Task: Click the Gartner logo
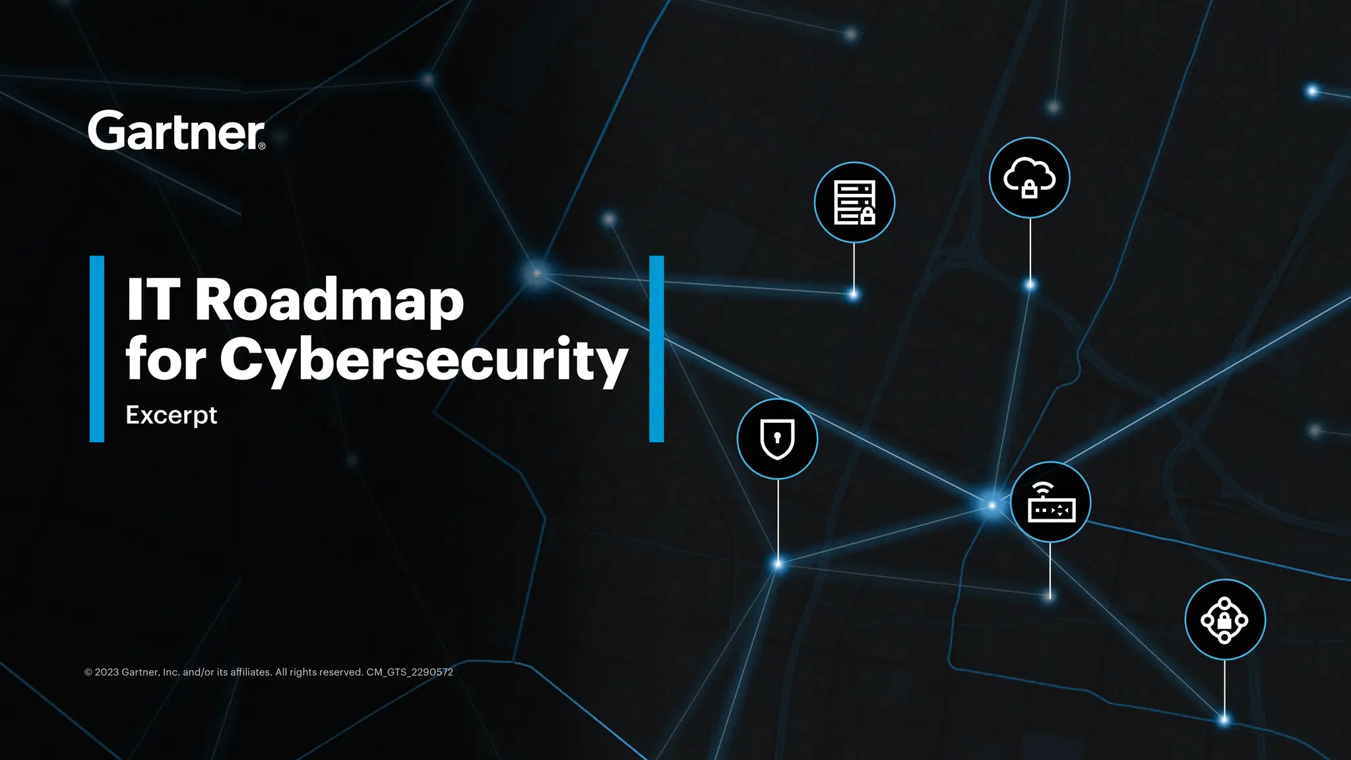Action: (x=176, y=131)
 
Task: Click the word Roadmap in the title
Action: (x=329, y=300)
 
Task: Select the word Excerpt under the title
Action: (x=171, y=416)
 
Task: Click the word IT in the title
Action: (x=153, y=300)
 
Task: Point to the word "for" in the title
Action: (x=166, y=360)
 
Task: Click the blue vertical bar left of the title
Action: (x=97, y=348)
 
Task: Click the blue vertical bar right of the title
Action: (x=656, y=348)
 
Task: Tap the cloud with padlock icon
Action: (x=1029, y=177)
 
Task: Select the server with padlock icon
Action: (x=854, y=202)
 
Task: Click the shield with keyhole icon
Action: (x=777, y=439)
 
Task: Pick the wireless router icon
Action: (x=1050, y=502)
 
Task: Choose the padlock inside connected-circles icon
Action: (x=1224, y=619)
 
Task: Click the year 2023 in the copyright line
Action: (x=107, y=672)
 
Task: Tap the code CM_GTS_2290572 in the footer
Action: (x=410, y=672)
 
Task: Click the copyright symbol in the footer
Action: (x=88, y=672)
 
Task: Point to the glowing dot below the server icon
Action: (x=854, y=294)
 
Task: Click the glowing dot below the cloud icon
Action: (x=1030, y=285)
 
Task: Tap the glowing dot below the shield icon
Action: (x=778, y=564)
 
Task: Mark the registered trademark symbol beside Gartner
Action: (x=262, y=146)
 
